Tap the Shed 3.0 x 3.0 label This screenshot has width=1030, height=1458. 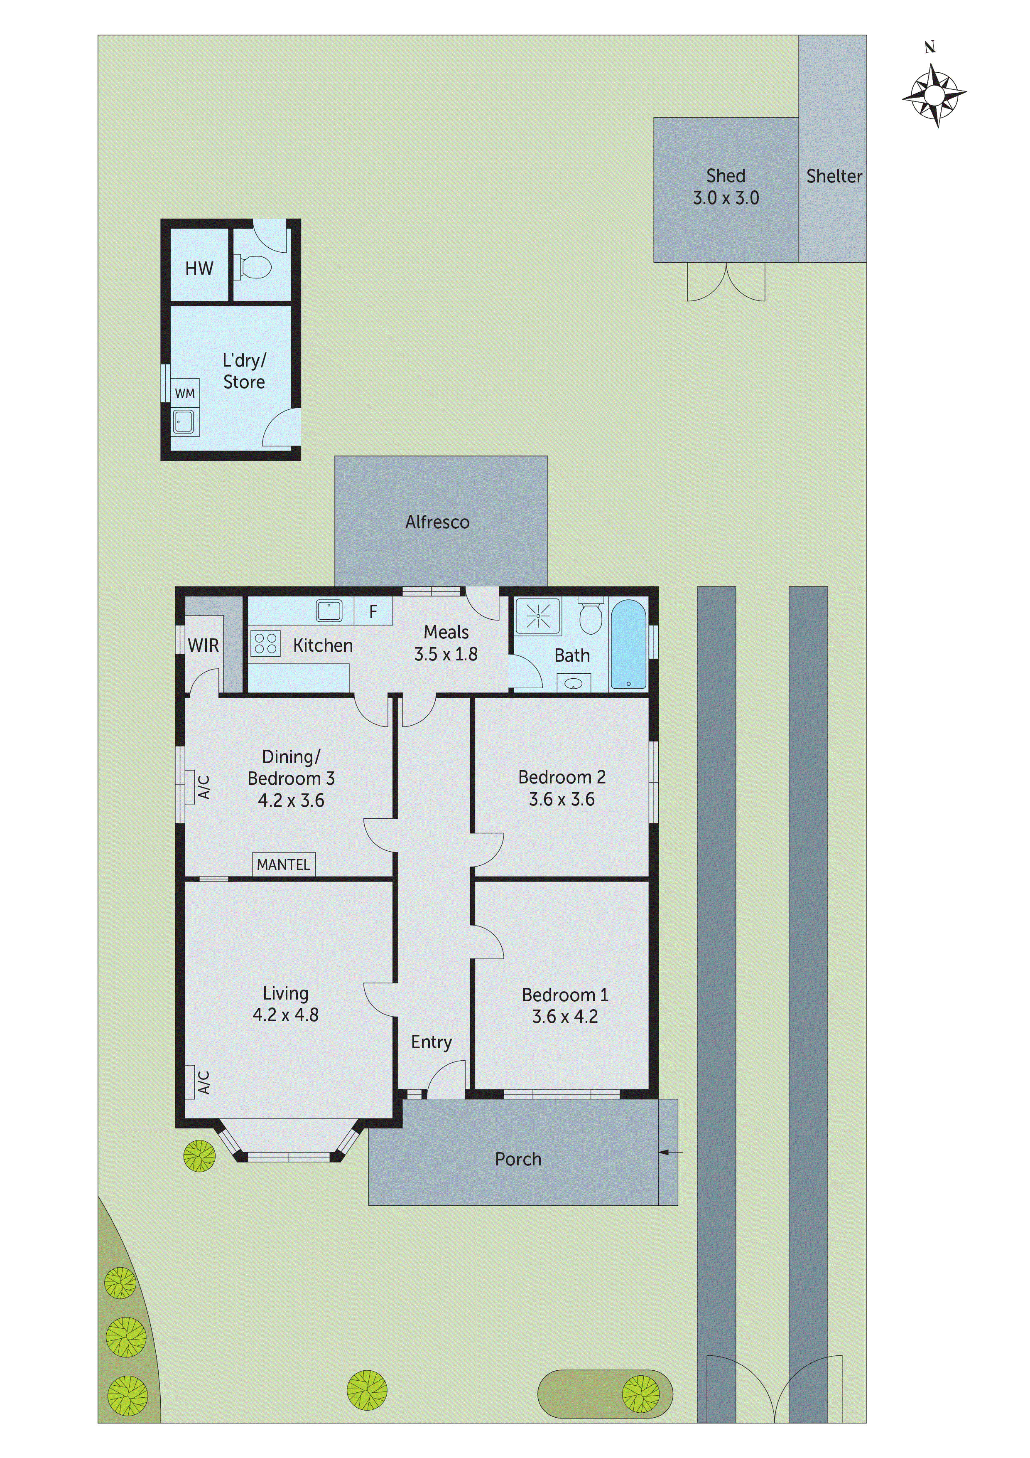coord(726,187)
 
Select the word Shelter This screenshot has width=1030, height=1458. coord(834,177)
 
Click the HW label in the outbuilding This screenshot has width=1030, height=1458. coord(199,268)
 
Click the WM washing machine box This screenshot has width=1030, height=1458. coord(185,393)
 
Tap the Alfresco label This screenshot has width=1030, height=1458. coord(437,522)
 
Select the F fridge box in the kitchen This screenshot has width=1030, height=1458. coord(373,611)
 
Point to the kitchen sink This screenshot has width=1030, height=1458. coord(329,611)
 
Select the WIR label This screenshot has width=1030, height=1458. coord(203,646)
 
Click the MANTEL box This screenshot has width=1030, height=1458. coord(284,864)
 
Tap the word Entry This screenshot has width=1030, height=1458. coord(431,1042)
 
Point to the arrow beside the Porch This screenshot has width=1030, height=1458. coord(670,1152)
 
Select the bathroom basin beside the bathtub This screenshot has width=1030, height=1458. coord(574,683)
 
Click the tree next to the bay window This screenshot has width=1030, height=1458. coord(199,1156)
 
